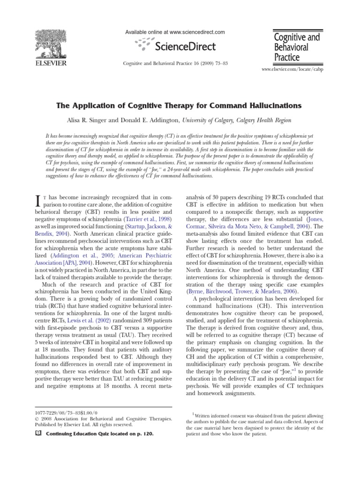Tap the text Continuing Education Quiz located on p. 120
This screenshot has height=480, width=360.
coord(99,434)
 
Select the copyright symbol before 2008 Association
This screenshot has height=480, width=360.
coord(37,418)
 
